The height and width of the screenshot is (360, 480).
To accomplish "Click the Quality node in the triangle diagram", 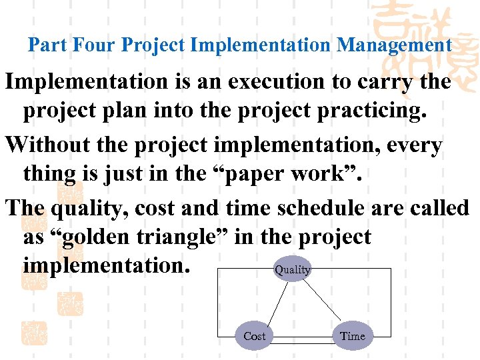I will pos(293,269).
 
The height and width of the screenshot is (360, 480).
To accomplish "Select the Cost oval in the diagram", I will pos(254,336).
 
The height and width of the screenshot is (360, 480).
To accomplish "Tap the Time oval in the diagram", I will pos(352,336).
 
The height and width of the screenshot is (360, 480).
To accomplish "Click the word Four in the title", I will pos(93,45).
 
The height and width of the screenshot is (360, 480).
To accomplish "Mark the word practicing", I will pos(369,110).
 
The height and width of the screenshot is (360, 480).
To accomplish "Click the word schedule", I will pos(325,208).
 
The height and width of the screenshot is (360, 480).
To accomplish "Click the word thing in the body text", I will pos(49,173).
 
